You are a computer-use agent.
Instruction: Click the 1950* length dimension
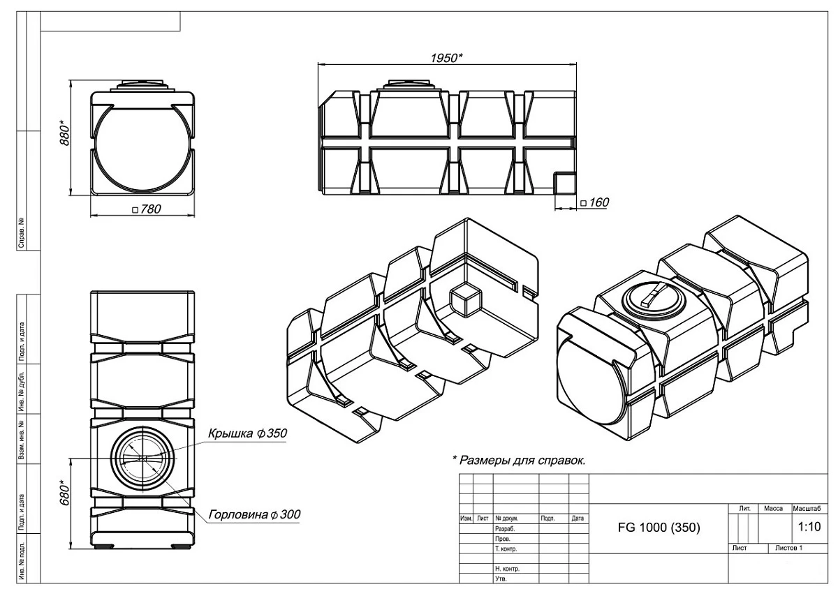tap(446, 57)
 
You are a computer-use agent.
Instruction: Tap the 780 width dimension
tap(147, 209)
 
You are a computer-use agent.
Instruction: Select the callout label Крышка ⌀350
tap(247, 433)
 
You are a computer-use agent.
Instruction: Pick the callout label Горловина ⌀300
tap(254, 514)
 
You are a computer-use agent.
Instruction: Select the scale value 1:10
tap(809, 528)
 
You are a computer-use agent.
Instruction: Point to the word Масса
tap(774, 509)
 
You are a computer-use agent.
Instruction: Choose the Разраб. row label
tap(506, 529)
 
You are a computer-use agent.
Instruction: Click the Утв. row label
tap(501, 579)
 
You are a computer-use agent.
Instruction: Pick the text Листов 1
tap(788, 549)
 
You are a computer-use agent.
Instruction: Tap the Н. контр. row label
tap(508, 569)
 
